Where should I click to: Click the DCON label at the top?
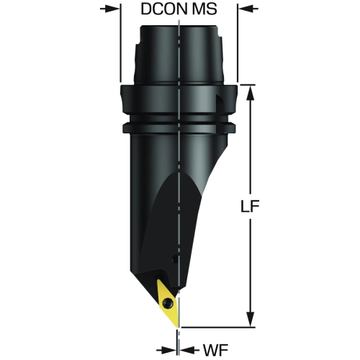pos(164,9)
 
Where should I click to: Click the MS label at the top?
pos(204,9)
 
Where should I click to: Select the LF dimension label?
pos(250,206)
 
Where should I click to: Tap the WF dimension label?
pos(216,350)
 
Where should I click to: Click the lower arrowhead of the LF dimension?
pos(251,319)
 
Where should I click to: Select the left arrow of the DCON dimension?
pos(109,9)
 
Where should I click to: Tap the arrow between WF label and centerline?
pos(189,350)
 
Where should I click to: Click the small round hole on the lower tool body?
pos(176,259)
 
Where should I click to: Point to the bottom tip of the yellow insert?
pos(179,327)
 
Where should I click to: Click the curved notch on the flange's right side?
pos(220,103)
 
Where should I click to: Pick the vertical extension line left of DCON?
pos(120,43)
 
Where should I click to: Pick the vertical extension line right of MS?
pos(238,43)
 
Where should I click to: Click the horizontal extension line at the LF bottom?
pos(218,327)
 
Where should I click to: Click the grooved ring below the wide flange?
pos(179,127)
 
